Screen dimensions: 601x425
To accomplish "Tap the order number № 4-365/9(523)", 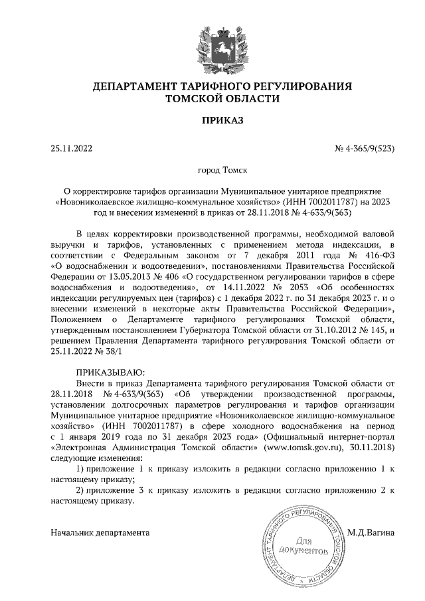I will point(365,149).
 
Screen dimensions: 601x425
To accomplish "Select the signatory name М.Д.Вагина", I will point(371,533).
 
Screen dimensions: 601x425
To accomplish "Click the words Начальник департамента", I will point(100,533).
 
